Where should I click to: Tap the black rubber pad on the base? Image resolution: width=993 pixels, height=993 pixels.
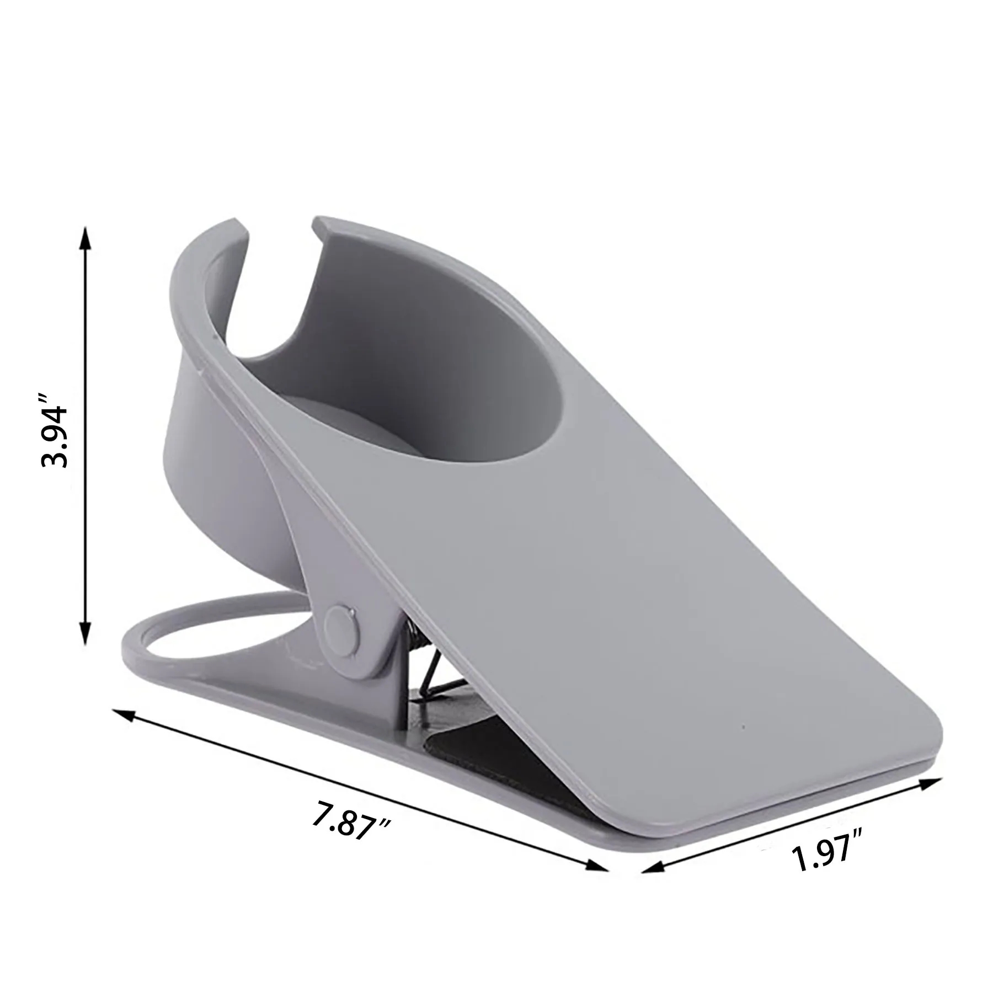pos(485,761)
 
